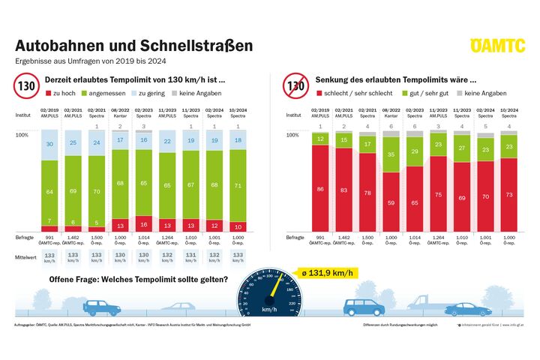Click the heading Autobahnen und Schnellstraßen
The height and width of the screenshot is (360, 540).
coord(133,46)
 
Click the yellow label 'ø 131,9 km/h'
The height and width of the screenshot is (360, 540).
coord(325,273)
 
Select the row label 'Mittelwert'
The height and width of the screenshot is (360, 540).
coord(28,254)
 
